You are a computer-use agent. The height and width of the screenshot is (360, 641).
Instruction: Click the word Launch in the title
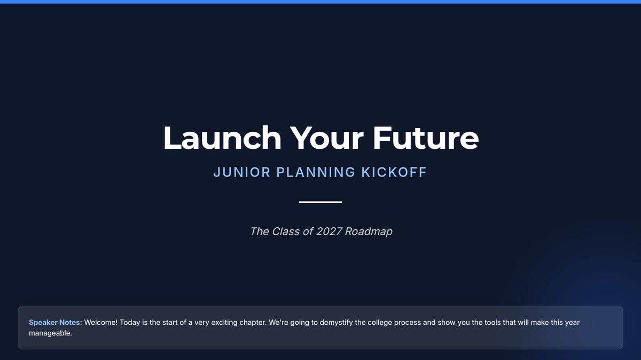(222, 138)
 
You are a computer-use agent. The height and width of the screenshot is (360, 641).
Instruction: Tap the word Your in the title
(326, 138)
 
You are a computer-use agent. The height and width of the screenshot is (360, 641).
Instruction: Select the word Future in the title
(426, 138)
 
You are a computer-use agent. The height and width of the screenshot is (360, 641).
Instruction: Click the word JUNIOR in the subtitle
(242, 172)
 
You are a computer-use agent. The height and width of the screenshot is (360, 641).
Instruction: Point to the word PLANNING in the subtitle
(316, 172)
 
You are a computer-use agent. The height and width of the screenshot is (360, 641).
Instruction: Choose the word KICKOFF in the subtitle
(394, 172)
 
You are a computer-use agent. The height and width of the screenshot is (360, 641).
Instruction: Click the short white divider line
(320, 202)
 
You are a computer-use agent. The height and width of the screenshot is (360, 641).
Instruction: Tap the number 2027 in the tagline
(329, 231)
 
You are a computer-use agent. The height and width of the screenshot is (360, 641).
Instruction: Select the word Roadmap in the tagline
(369, 231)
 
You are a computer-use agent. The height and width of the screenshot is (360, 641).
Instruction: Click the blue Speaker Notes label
(56, 323)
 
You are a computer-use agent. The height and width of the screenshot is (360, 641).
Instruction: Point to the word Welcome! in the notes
(101, 323)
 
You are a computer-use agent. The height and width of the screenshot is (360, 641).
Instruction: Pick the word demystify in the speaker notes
(336, 323)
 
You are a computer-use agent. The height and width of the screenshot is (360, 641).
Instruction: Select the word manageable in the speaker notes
(50, 333)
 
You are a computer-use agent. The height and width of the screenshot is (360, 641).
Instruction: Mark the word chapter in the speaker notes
(253, 323)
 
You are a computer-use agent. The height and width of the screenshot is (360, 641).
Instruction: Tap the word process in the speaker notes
(408, 323)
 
